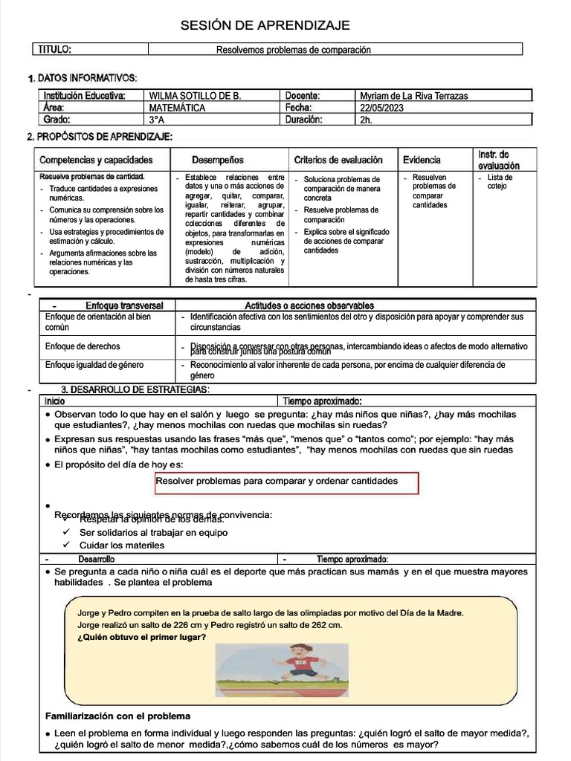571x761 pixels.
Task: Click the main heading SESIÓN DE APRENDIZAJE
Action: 265,26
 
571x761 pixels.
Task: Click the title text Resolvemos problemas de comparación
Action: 293,50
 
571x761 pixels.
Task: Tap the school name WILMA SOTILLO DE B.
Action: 195,96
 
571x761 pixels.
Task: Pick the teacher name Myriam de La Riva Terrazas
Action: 414,96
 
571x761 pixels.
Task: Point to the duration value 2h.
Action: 366,120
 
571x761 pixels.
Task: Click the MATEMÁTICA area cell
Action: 177,108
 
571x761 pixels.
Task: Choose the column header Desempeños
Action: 217,160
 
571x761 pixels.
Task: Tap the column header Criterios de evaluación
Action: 338,160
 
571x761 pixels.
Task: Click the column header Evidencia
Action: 422,160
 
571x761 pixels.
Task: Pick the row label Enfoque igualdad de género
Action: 94,365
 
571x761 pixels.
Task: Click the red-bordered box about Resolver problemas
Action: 286,482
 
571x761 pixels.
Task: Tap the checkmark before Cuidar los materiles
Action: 66,545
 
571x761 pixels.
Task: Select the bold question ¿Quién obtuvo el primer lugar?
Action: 142,636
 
